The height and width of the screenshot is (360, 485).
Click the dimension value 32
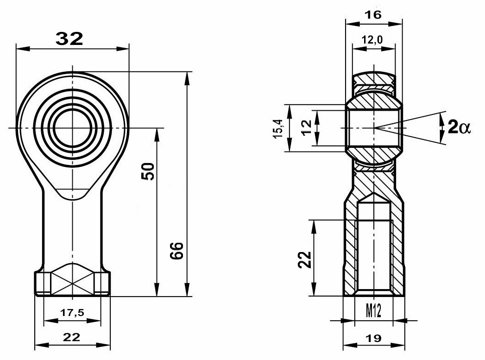[69, 39]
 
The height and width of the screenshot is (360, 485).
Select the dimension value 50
[148, 171]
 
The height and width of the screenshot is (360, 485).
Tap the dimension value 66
[176, 251]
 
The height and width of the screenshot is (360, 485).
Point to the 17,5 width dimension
[72, 313]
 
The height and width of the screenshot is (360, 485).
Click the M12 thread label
[374, 310]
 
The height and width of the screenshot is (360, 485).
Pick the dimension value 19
[373, 338]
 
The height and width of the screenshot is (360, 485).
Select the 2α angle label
[459, 127]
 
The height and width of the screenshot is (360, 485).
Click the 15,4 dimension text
[278, 128]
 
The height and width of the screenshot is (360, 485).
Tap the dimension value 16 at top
[373, 14]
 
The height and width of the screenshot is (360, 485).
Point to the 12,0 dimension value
[372, 39]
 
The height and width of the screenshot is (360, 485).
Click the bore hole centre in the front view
[73, 127]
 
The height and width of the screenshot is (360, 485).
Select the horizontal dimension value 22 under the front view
[71, 337]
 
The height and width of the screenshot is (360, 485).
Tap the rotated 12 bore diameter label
[307, 127]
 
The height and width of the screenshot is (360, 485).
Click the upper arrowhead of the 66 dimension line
[187, 78]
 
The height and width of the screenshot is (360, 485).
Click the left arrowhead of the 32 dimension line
[23, 49]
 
